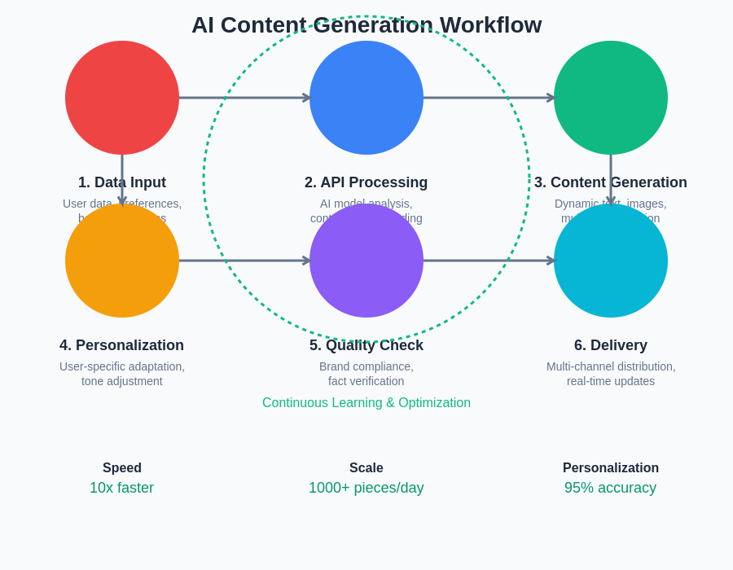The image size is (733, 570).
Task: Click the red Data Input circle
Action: pos(122,98)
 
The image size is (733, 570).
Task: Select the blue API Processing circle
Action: pos(366,98)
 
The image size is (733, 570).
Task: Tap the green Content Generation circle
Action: pos(611,98)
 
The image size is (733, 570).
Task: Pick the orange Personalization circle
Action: pos(122,261)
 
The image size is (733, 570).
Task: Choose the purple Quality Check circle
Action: pos(366,261)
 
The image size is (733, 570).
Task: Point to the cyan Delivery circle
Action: pos(611,261)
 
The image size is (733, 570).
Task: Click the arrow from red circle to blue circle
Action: pos(244,98)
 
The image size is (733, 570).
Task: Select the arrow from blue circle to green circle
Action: pos(489,98)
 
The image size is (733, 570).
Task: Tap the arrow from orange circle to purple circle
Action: pos(244,261)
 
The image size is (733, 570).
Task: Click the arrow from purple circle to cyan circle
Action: pos(489,261)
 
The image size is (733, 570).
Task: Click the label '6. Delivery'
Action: pos(611,345)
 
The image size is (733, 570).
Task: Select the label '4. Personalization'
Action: pos(122,345)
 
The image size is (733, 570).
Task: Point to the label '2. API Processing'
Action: pos(366,182)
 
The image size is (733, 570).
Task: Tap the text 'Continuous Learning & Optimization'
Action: pos(366,403)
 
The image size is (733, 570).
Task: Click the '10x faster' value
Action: pos(122,488)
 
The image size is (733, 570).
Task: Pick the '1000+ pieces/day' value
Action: pos(366,488)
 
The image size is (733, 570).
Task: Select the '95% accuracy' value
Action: pos(611,488)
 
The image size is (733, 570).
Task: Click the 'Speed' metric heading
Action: pos(122,468)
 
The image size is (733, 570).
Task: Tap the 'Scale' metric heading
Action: pos(366,468)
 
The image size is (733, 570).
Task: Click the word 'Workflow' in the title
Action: pos(490,25)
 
